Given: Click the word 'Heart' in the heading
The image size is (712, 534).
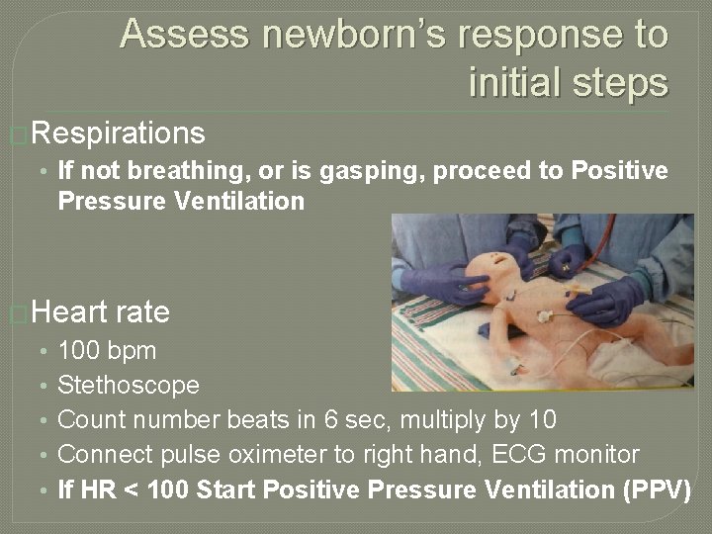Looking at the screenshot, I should (x=70, y=312).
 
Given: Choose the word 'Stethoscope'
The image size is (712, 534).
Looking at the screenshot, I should (x=129, y=385).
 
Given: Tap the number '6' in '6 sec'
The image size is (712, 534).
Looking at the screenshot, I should (x=331, y=419).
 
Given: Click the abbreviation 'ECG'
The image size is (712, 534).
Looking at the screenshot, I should (x=538, y=455).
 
